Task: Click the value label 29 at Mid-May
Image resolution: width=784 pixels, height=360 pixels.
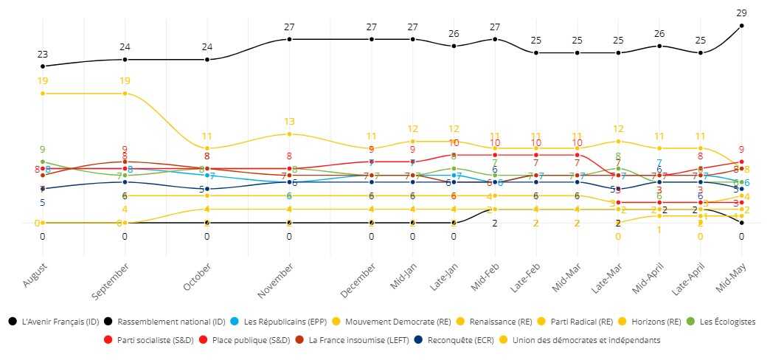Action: [741, 13]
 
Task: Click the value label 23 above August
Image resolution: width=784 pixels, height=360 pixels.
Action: [43, 54]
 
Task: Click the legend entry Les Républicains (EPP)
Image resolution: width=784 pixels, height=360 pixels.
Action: [281, 322]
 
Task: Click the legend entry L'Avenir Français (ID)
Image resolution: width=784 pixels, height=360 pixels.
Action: [57, 322]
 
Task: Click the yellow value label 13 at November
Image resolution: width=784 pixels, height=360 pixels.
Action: [290, 122]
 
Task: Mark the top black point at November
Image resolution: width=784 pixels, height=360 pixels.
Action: [290, 39]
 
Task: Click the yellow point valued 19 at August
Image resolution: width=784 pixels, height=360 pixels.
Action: [43, 94]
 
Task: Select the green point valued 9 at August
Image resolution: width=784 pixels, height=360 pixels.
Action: [43, 162]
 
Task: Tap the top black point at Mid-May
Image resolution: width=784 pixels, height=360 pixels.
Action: [741, 26]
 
